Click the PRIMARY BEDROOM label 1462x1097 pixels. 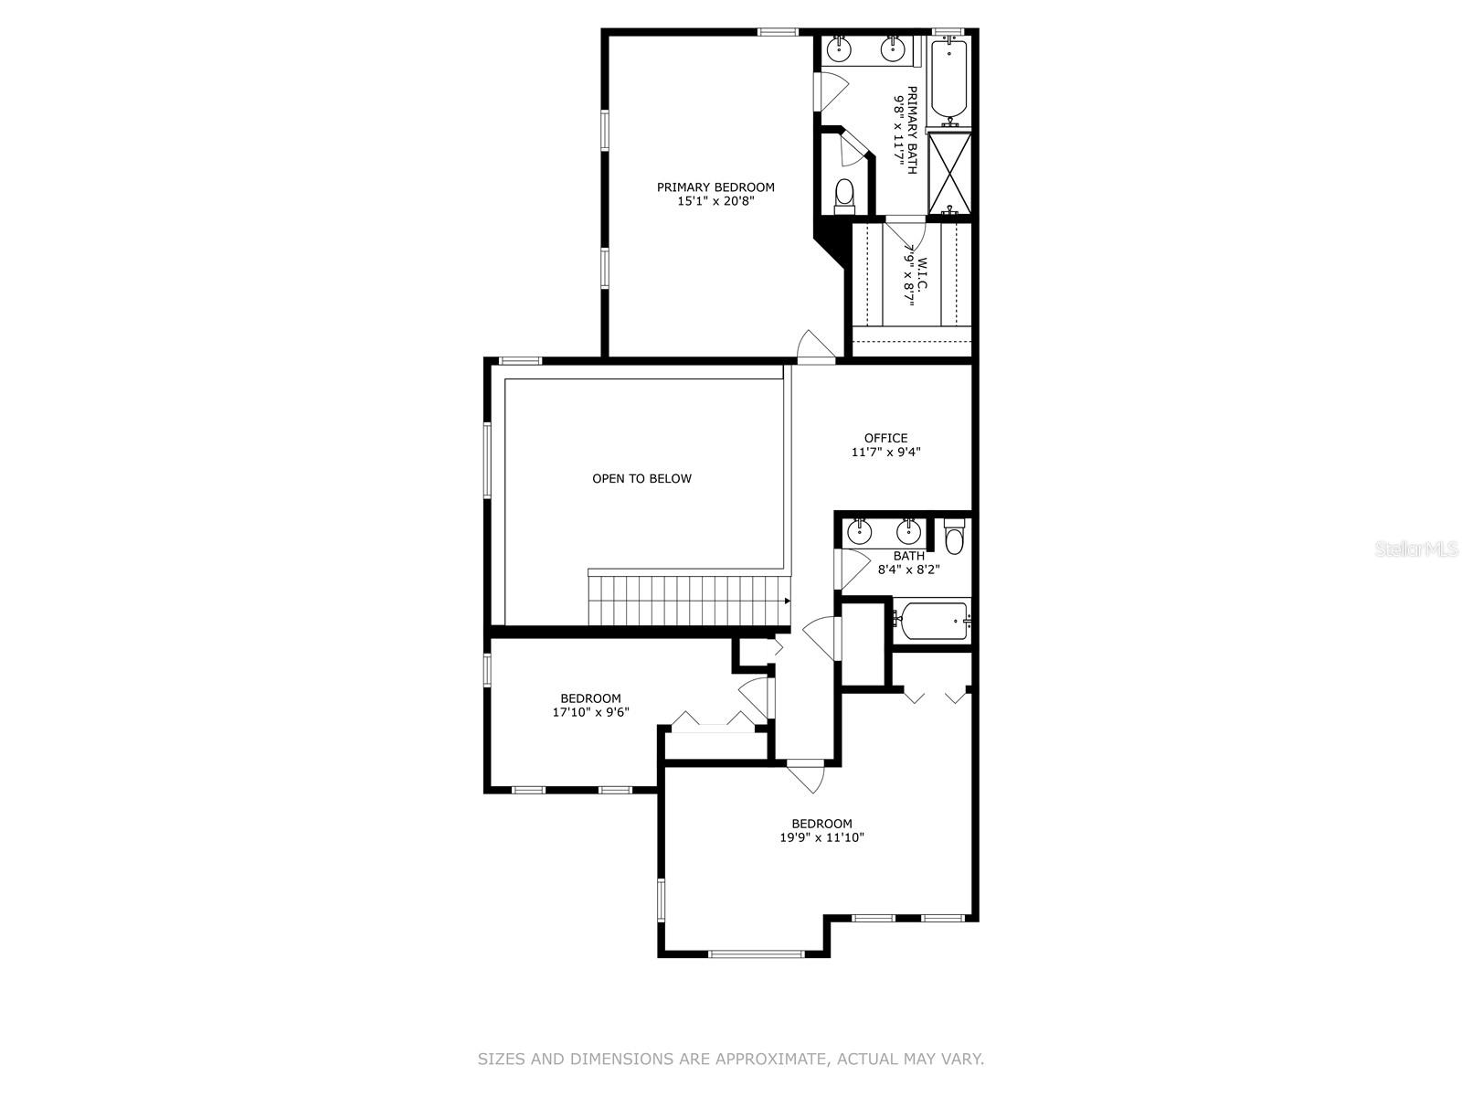[x=715, y=187]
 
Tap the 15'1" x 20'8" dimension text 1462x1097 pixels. [x=715, y=201]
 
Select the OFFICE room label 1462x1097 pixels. [x=885, y=438]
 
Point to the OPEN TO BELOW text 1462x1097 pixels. [x=642, y=478]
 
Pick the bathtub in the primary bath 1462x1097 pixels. [x=950, y=79]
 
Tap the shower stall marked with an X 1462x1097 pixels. [x=949, y=173]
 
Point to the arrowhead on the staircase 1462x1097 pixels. [x=788, y=601]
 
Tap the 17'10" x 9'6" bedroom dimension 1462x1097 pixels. [x=591, y=712]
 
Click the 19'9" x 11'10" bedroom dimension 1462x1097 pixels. [x=821, y=837]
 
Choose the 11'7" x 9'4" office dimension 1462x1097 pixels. [x=885, y=452]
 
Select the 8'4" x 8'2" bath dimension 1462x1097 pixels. [x=909, y=570]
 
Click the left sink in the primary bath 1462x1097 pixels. [x=838, y=48]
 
